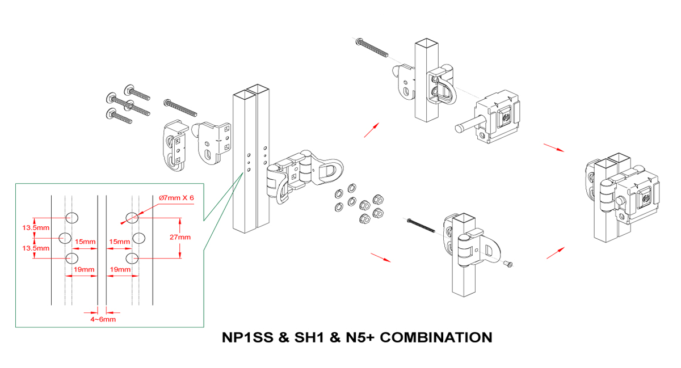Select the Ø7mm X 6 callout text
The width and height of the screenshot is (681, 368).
click(x=176, y=198)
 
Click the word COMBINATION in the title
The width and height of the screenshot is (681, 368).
click(x=436, y=338)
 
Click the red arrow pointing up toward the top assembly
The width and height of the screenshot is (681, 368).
click(x=369, y=130)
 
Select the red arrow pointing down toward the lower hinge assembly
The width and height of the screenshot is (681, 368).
click(x=380, y=257)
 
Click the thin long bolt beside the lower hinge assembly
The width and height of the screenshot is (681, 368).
click(x=421, y=224)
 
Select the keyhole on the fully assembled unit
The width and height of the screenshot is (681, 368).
click(x=646, y=198)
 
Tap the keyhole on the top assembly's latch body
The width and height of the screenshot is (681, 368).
click(x=506, y=118)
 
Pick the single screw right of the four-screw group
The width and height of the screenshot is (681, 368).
click(x=180, y=107)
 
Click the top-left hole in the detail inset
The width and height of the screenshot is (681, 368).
click(x=72, y=217)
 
